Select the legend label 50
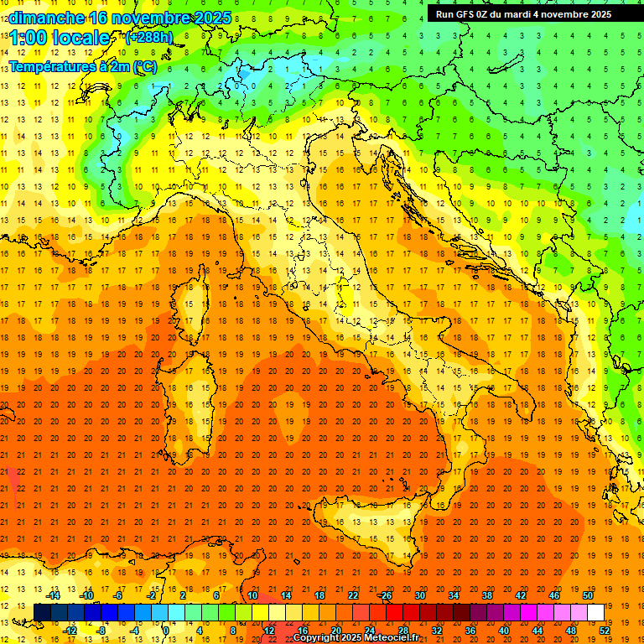click(x=588, y=595)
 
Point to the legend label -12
click(x=70, y=631)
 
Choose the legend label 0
click(x=166, y=631)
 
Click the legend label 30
click(x=419, y=595)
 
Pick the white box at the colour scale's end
click(x=595, y=612)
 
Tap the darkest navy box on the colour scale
click(x=42, y=612)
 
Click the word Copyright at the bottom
click(x=319, y=638)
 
